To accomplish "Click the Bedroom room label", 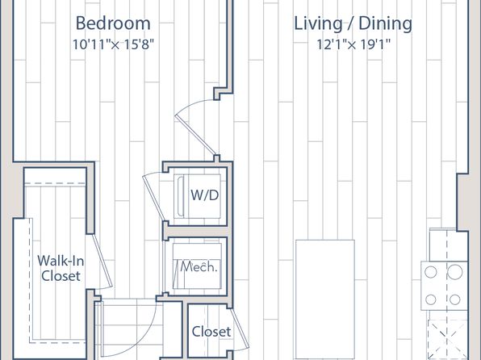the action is [x=113, y=23].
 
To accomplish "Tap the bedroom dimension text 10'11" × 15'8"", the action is [x=113, y=44].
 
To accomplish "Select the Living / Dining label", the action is [x=353, y=24].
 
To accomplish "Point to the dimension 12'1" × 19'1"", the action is [x=353, y=44].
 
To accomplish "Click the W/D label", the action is [x=205, y=195].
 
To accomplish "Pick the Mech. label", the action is [x=199, y=266].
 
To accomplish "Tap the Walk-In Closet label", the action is [x=61, y=268].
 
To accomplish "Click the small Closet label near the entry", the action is [x=211, y=332].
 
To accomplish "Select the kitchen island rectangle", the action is [x=325, y=299].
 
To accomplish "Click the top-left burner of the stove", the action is [x=431, y=272].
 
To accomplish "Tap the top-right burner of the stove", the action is [x=455, y=272].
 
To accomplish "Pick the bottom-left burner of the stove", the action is [x=431, y=299].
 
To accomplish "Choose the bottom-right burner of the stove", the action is [x=455, y=299].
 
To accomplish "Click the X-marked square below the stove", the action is [x=448, y=340].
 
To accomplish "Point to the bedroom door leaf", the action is [x=195, y=135].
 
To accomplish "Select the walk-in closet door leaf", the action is [x=102, y=260].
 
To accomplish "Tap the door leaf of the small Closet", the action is [x=240, y=329].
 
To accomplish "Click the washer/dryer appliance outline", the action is [x=197, y=196].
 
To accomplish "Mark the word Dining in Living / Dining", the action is [x=385, y=24].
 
